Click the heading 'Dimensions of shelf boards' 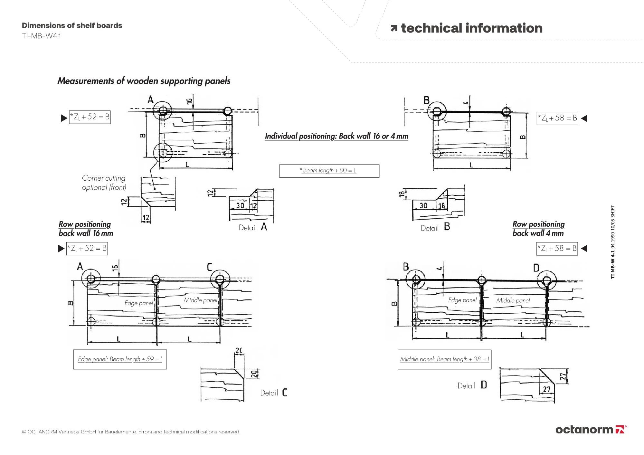tap(72, 25)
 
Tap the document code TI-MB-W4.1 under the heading tap(42, 36)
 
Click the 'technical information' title tap(467, 28)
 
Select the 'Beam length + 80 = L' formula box tap(329, 171)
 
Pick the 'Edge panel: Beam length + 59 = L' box tap(120, 359)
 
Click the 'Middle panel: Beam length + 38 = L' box tap(445, 359)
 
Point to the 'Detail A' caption tap(253, 227)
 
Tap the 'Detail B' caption tap(435, 227)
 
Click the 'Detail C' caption tap(274, 393)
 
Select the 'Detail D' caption tap(472, 385)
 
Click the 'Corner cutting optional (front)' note tap(104, 183)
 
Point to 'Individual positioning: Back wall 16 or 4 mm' tap(336, 136)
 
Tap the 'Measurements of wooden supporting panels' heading tap(144, 81)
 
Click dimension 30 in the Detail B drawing tap(423, 205)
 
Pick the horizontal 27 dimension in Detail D tap(547, 390)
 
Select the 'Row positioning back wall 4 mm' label tap(538, 229)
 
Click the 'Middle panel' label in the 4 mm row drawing tap(513, 300)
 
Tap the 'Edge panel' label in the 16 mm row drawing tap(139, 303)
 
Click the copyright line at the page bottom tap(131, 432)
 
